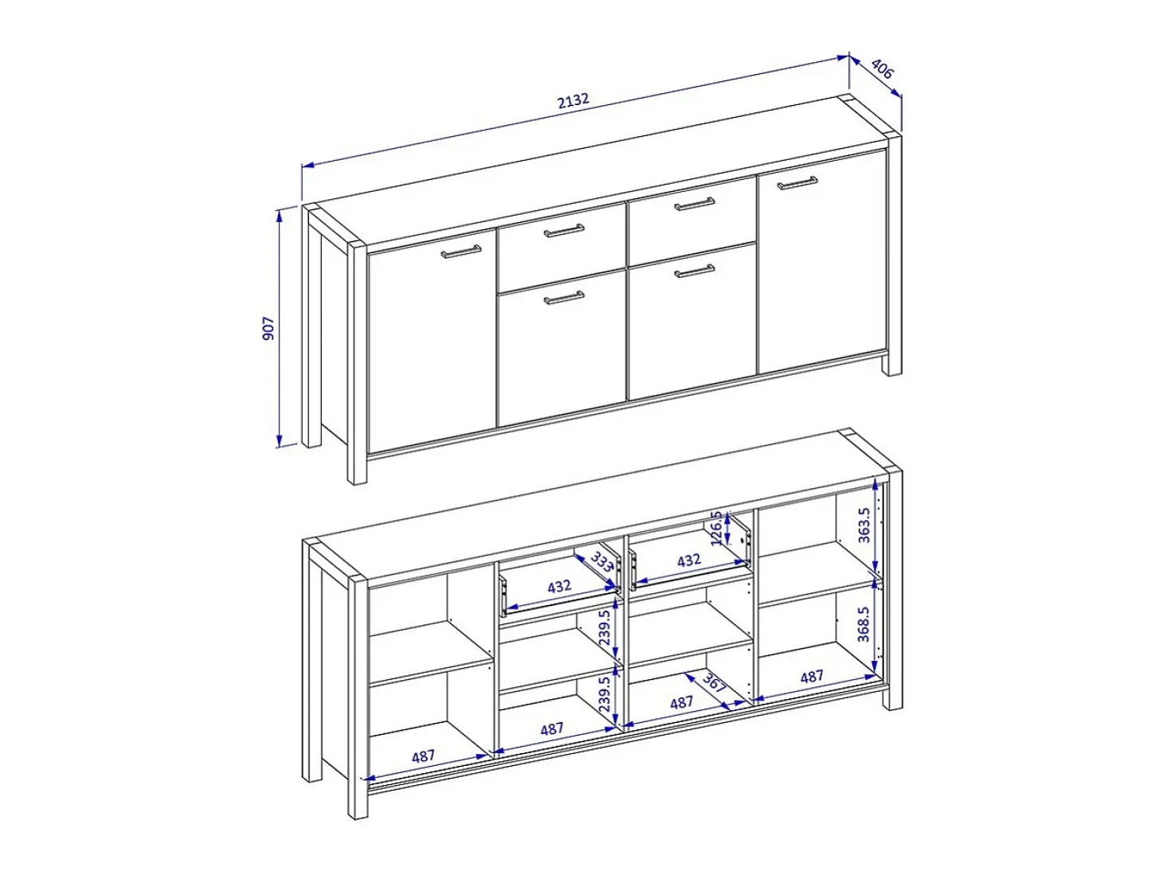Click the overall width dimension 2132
tap(574, 100)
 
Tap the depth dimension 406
tap(882, 69)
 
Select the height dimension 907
tap(269, 328)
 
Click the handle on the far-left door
tap(461, 252)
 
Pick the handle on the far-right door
tap(797, 182)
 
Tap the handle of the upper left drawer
tap(564, 231)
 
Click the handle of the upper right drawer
tap(694, 204)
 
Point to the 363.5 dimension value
tap(864, 525)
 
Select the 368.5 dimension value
tap(863, 624)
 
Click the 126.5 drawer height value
tap(716, 529)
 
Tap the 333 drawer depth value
tap(601, 561)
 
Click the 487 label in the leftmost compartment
tap(423, 756)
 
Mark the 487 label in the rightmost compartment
tap(812, 676)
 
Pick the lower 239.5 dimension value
tap(605, 693)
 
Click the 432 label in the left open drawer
tap(559, 586)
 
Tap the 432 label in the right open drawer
tap(689, 560)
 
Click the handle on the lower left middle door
tap(564, 298)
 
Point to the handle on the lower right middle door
tap(694, 271)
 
